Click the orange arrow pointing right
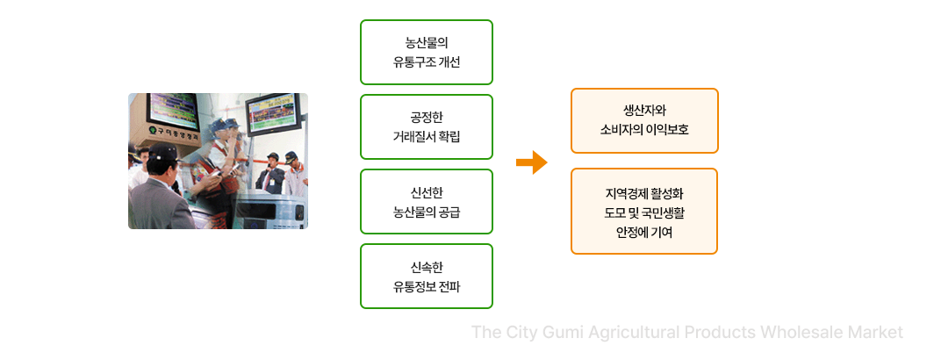[532, 162]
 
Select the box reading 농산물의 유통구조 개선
[426, 52]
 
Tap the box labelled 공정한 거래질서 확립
[426, 126]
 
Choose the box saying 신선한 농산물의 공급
[426, 202]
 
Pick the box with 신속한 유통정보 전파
[426, 276]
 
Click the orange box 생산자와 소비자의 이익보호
[644, 120]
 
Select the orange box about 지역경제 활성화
[644, 212]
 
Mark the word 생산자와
[644, 111]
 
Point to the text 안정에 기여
[644, 233]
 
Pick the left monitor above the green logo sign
[174, 110]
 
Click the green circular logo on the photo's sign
[153, 130]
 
